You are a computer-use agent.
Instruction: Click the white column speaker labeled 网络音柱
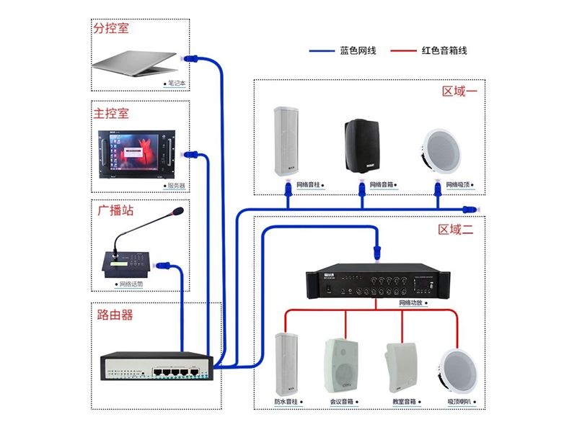point(286,142)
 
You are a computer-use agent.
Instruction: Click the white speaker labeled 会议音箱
point(341,365)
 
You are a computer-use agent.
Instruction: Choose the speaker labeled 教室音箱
point(401,366)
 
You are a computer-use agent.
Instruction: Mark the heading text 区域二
point(456,230)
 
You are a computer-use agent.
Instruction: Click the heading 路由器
point(115,315)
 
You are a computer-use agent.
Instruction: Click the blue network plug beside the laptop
point(191,58)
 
